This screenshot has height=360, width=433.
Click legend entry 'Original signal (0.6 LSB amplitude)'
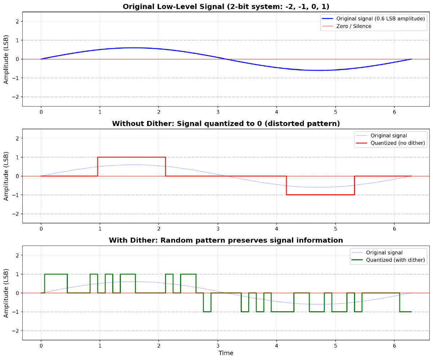pos(380,18)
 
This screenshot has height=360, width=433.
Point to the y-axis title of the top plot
pos(6,59)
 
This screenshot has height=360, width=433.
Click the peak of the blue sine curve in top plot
pos(134,48)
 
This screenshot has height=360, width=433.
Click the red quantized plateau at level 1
pos(131,157)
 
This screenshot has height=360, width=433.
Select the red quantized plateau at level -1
pos(320,195)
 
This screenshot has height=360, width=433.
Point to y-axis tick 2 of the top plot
pos(17,21)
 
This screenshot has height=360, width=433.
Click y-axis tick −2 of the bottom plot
pos(16,331)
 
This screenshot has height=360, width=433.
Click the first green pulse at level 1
pos(56,274)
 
